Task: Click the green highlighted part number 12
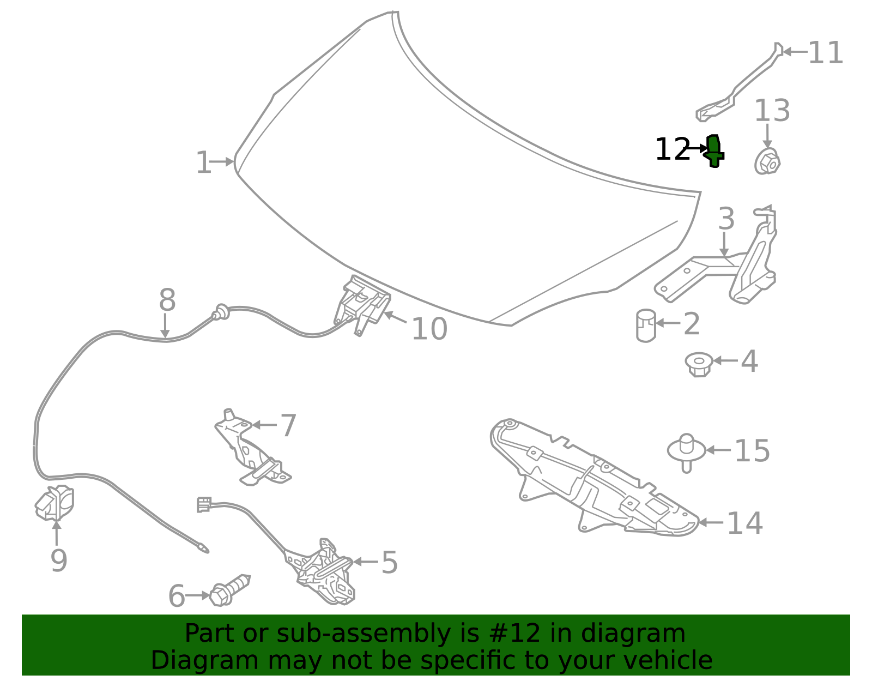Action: tap(714, 151)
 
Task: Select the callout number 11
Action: tap(825, 52)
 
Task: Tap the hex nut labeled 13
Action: tap(767, 161)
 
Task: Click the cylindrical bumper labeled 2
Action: tap(646, 326)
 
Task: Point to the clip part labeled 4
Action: tap(699, 364)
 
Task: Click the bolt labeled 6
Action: tap(229, 590)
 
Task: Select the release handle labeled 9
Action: tap(55, 503)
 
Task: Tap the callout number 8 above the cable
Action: tap(167, 300)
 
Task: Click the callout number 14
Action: tap(744, 523)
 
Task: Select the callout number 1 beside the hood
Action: tap(203, 162)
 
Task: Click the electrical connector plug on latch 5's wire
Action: tap(204, 504)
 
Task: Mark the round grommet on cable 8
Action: tap(221, 312)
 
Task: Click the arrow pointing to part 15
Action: tap(718, 450)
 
